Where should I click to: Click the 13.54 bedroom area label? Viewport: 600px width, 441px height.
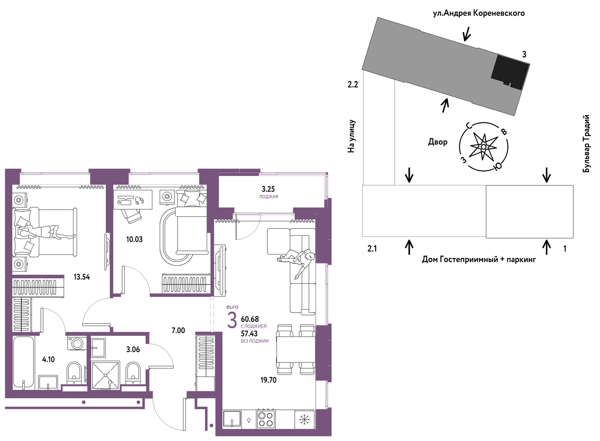(x=82, y=277)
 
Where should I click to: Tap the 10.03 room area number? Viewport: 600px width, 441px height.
(x=134, y=239)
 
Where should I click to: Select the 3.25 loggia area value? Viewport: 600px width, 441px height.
(x=268, y=189)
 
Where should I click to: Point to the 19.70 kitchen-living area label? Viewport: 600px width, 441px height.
(x=268, y=380)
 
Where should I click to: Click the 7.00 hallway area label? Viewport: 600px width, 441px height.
(x=178, y=330)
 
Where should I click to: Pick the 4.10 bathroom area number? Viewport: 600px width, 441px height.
(x=48, y=359)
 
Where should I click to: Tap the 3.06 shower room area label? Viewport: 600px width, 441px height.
(x=133, y=350)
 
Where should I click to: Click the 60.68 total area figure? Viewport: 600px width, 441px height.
(x=250, y=319)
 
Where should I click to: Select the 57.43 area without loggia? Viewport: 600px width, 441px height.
(x=250, y=333)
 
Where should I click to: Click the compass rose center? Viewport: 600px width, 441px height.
(x=484, y=147)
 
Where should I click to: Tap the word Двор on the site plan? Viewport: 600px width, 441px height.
(x=438, y=142)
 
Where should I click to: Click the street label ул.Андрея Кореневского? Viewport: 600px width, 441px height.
(x=479, y=13)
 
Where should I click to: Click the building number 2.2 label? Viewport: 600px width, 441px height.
(x=353, y=85)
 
